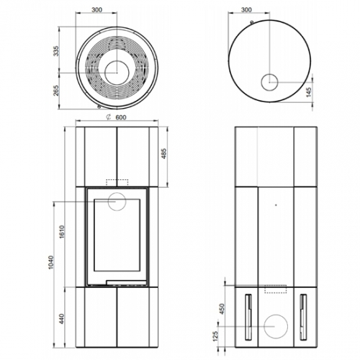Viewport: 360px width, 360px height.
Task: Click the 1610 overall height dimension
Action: (62, 232)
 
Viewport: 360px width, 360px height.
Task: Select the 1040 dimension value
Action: (51, 262)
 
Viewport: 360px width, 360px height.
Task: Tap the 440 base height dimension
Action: (62, 319)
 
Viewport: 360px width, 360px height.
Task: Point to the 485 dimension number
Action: (164, 154)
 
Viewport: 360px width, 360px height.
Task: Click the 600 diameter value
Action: (121, 117)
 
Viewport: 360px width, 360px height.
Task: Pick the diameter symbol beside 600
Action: (109, 117)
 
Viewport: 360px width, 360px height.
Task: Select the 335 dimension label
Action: (56, 51)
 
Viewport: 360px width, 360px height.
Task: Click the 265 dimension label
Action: (56, 91)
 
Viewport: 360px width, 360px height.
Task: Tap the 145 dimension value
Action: (309, 92)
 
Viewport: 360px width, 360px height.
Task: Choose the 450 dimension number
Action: (222, 309)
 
